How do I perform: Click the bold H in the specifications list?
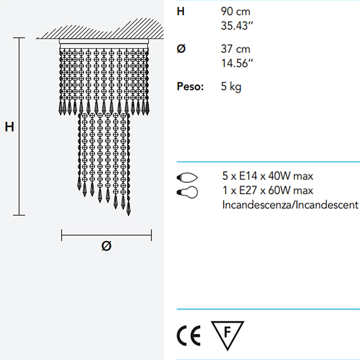coord(181,12)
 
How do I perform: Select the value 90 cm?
coord(235,12)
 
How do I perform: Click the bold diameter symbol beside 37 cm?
coord(181,49)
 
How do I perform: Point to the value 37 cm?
coord(235,49)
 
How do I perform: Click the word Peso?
coord(190,87)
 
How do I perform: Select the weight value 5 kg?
coord(231,87)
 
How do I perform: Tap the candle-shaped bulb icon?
coord(187,177)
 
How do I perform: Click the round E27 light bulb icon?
coord(187,192)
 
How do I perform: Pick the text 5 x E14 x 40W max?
coord(268,176)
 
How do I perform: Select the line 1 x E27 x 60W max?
coord(268,190)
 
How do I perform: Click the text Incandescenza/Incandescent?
coord(291,205)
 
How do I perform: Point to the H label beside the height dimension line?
coord(9,127)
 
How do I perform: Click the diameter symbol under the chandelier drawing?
coord(106,246)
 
